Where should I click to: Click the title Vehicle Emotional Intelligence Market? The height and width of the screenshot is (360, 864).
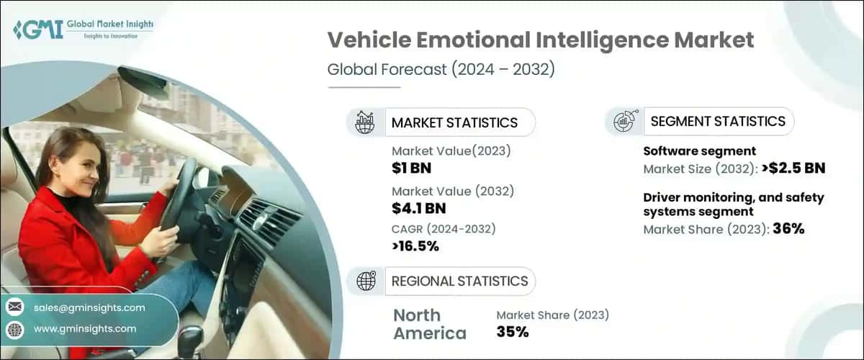(541, 40)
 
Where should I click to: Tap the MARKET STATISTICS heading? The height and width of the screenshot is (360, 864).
(454, 122)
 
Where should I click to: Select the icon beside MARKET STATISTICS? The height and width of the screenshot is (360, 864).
(365, 122)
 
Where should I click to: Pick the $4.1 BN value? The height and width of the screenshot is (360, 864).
(419, 209)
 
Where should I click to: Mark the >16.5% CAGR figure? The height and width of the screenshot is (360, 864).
(415, 246)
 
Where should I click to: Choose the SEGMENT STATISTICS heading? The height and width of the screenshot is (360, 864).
(718, 122)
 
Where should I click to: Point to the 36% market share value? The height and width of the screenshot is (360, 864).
(788, 230)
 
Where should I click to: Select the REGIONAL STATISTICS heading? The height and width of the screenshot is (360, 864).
(459, 281)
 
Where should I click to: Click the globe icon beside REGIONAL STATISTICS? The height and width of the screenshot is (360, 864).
(366, 282)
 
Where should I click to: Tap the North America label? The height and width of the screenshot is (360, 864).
(430, 324)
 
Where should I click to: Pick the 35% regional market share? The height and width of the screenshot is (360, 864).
(513, 332)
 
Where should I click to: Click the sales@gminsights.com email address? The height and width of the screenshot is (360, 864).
(89, 307)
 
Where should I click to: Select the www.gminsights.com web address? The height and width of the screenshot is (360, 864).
(85, 329)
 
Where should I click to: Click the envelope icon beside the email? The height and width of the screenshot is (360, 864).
(14, 307)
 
